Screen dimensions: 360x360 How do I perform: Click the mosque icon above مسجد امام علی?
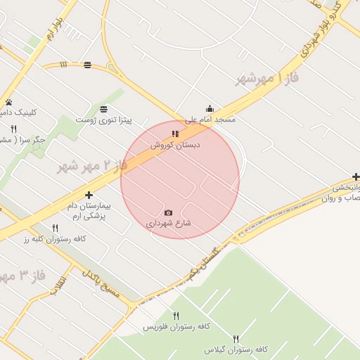click(x=210, y=109)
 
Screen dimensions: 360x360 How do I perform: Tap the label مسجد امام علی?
click(x=210, y=120)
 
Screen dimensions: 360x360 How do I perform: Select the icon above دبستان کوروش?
click(x=175, y=133)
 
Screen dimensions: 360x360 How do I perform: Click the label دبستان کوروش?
click(x=175, y=144)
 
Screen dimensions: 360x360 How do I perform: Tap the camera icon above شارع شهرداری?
click(x=168, y=212)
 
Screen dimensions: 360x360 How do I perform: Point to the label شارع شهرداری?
click(x=169, y=224)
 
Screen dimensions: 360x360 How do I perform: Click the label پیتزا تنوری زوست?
click(x=104, y=120)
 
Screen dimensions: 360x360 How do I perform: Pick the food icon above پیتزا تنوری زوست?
click(x=104, y=109)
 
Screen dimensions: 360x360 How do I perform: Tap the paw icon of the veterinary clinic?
click(x=8, y=102)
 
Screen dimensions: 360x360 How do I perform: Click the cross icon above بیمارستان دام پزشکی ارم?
click(x=89, y=195)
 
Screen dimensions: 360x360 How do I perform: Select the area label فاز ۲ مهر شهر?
click(x=92, y=167)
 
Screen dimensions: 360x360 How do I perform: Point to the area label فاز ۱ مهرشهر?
click(x=268, y=78)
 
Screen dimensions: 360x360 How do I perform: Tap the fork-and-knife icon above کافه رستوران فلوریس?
click(x=176, y=316)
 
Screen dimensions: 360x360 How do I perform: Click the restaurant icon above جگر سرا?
click(x=13, y=129)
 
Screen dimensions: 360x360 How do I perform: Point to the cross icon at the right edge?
click(x=356, y=177)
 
